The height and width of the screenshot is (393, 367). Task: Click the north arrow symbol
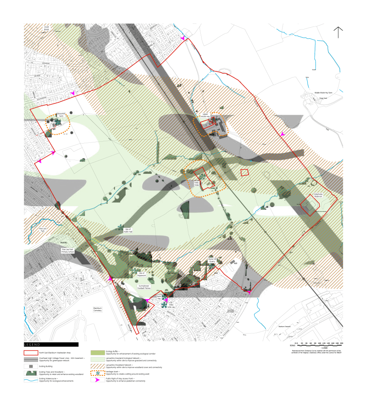338,32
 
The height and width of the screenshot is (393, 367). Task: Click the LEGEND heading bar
51,345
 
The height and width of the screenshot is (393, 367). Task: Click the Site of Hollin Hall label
128,231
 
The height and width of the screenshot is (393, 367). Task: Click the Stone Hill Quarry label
213,261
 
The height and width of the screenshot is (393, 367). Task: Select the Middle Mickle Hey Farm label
322,93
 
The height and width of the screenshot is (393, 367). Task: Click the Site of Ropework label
142,274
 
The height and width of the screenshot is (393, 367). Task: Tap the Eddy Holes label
197,184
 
